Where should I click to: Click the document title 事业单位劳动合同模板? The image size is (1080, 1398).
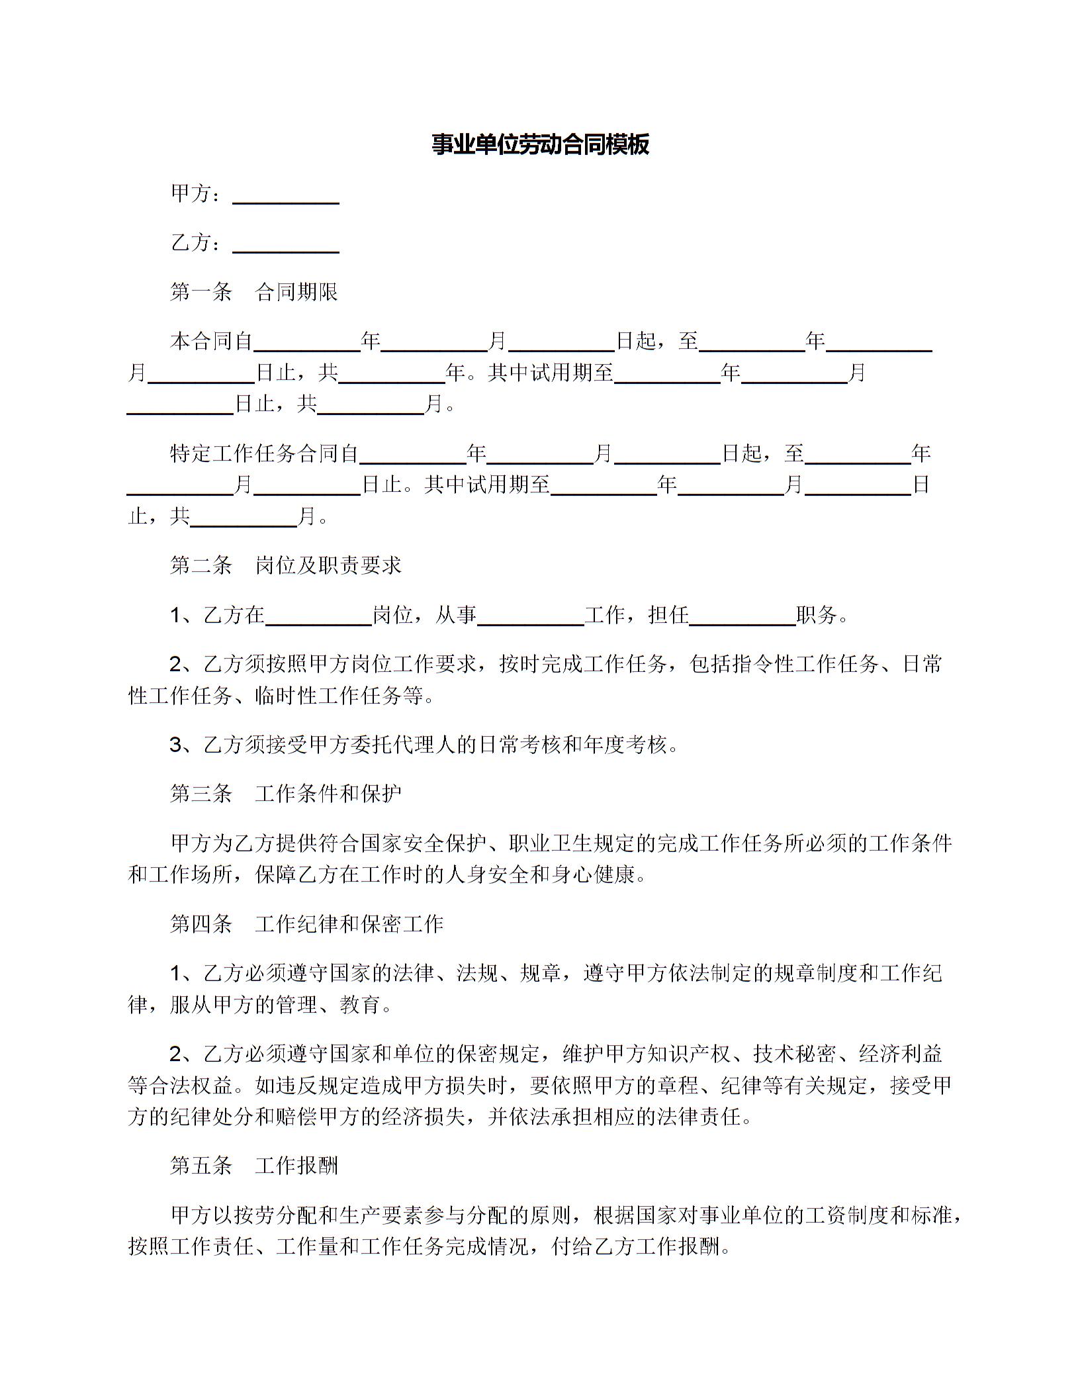(x=540, y=144)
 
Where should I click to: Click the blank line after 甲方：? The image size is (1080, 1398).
(x=286, y=199)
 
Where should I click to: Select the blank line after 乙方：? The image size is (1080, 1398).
(x=286, y=248)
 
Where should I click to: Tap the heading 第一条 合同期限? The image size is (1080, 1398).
(x=254, y=292)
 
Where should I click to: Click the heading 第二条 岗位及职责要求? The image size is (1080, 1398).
(x=286, y=565)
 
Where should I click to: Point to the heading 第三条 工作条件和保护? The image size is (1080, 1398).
(x=286, y=794)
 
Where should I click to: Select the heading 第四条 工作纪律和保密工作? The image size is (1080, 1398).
(x=306, y=924)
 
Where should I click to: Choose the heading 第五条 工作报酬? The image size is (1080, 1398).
(x=254, y=1166)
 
